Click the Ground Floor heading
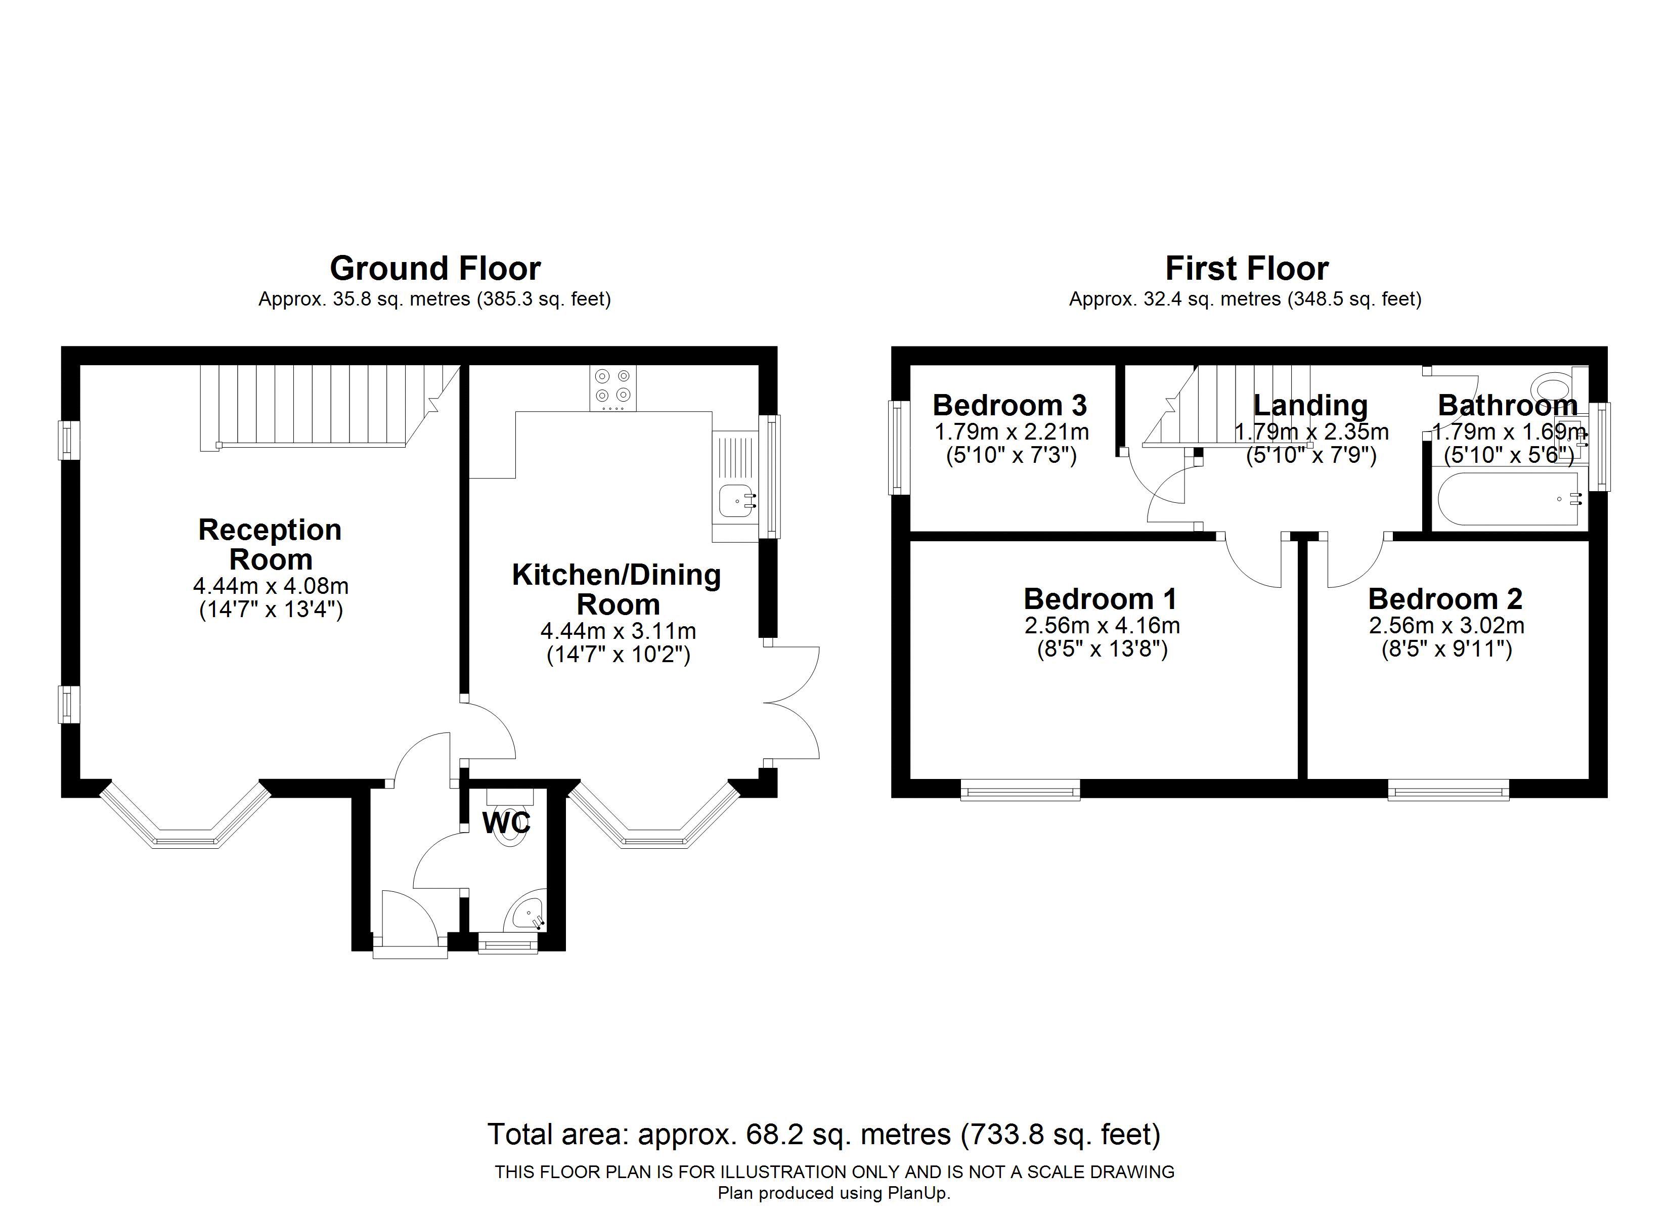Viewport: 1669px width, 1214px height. coord(435,269)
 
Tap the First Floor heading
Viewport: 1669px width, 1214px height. coord(1247,269)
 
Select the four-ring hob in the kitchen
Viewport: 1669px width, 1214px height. coord(613,387)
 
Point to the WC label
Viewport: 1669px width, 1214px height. coord(506,822)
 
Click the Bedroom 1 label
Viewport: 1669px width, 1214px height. coord(1100,598)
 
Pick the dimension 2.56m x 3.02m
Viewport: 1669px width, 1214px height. coord(1446,626)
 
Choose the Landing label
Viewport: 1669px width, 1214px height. coord(1310,405)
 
